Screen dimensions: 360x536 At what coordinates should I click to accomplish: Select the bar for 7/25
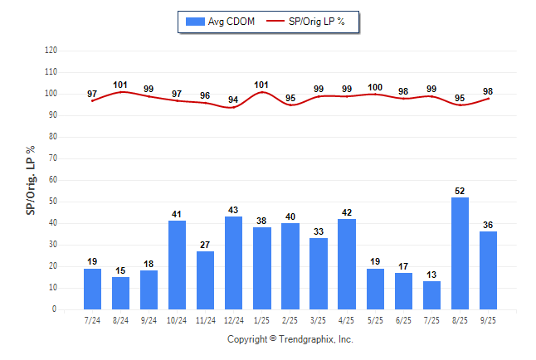point(432,295)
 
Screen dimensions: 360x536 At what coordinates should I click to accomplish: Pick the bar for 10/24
point(178,265)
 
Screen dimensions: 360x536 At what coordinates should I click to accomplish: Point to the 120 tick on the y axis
point(51,51)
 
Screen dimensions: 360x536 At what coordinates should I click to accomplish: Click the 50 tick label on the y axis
point(52,202)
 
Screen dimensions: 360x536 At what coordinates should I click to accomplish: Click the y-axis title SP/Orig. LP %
point(31,179)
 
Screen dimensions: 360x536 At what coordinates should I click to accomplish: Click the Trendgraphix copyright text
point(290,339)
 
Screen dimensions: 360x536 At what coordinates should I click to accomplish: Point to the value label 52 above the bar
point(460,191)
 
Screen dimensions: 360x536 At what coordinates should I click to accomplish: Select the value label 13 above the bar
point(432,275)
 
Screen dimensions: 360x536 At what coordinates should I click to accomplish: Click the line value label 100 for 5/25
point(376,87)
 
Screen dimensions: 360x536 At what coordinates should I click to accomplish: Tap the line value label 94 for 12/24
point(234,100)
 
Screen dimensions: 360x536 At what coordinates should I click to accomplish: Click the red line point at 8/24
point(121,92)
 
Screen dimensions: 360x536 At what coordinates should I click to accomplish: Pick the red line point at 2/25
point(291,105)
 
